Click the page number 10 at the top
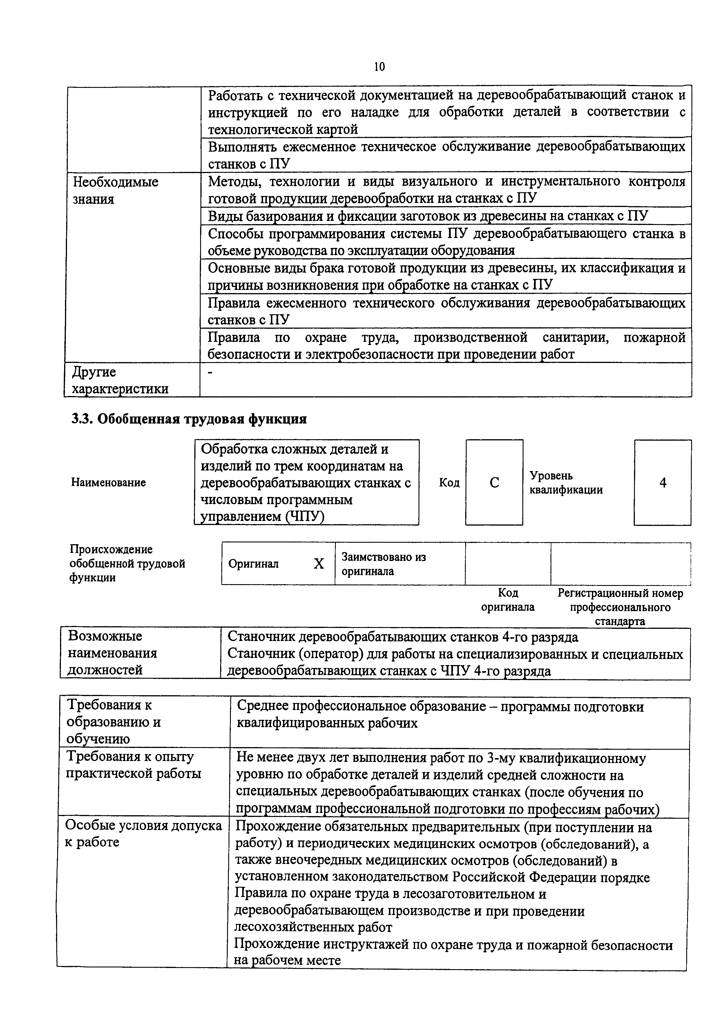point(379,66)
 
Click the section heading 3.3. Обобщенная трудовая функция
point(189,419)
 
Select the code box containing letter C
point(494,482)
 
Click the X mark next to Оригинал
point(318,563)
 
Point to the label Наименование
point(108,482)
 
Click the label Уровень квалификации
point(566,482)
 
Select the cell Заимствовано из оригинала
point(384,563)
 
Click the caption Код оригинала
point(508,600)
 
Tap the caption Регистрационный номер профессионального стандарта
point(620,606)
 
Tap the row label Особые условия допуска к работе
point(143,833)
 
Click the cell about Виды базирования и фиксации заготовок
point(428,216)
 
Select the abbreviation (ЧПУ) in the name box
point(305,517)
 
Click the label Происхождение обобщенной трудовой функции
point(127,563)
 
